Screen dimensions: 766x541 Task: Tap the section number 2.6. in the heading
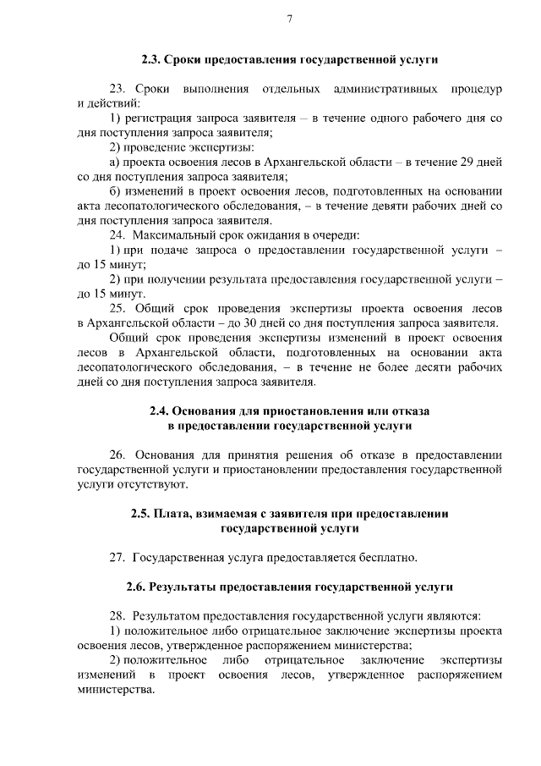coord(137,586)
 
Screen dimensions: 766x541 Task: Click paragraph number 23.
coord(118,89)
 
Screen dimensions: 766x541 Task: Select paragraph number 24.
coord(118,234)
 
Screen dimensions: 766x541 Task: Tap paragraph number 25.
coord(118,308)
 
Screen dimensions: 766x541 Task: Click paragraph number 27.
coord(118,557)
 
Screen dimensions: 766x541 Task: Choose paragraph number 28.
coord(118,615)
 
